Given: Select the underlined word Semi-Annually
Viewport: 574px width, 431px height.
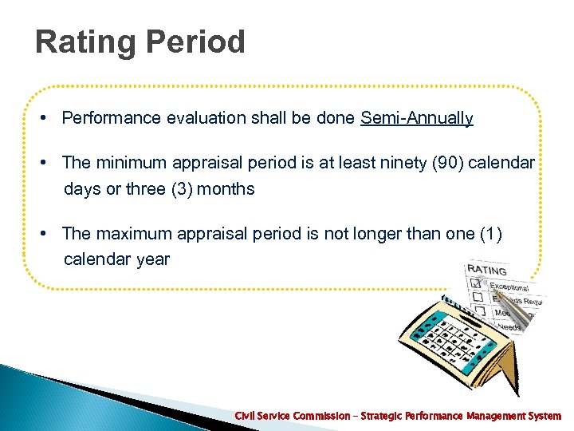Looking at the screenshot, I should pyautogui.click(x=416, y=119).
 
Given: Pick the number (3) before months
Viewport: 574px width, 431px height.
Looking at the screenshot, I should pyautogui.click(x=173, y=189).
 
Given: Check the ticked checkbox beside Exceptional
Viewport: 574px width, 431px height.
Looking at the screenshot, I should pyautogui.click(x=476, y=282).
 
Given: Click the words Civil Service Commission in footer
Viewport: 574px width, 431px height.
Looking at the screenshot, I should pyautogui.click(x=292, y=416).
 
